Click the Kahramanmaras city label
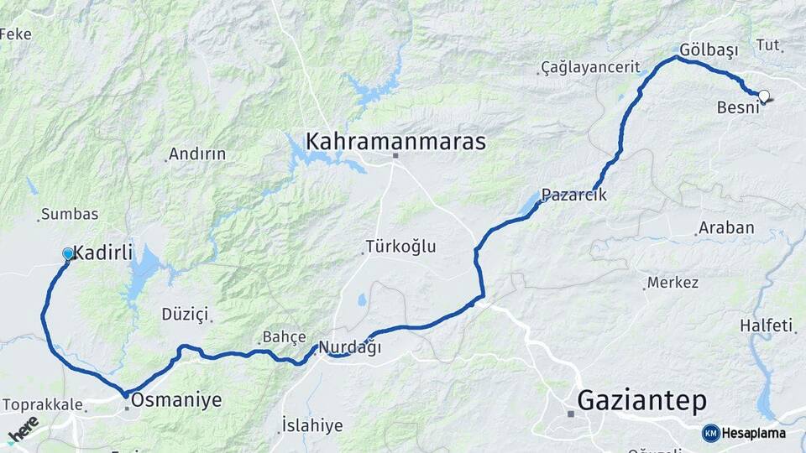(395, 142)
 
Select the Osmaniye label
(176, 400)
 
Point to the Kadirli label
(103, 252)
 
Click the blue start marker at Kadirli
(68, 253)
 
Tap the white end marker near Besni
(764, 96)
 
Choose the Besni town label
(738, 108)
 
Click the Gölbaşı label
(709, 50)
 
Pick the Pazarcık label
(573, 195)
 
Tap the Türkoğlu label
(400, 247)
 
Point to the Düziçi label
(185, 314)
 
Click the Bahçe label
(285, 337)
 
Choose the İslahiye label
(312, 425)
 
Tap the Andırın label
(197, 154)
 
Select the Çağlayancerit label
(590, 66)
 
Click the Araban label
(727, 227)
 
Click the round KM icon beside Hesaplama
(711, 433)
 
